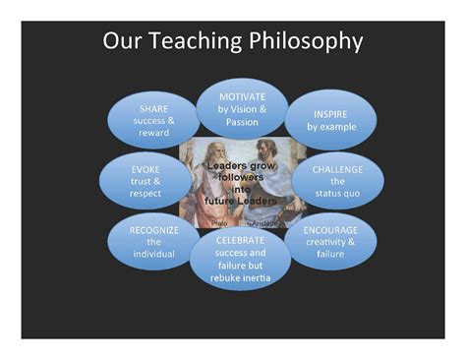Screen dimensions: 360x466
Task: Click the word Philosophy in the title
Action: [x=304, y=41]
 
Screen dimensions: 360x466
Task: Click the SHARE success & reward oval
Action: [x=153, y=120]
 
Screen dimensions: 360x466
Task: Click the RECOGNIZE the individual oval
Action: [x=153, y=241]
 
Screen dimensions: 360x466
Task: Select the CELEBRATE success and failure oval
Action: [x=242, y=259]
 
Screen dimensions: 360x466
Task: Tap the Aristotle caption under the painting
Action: [x=264, y=224]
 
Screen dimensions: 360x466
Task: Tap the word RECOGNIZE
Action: [x=153, y=228]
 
